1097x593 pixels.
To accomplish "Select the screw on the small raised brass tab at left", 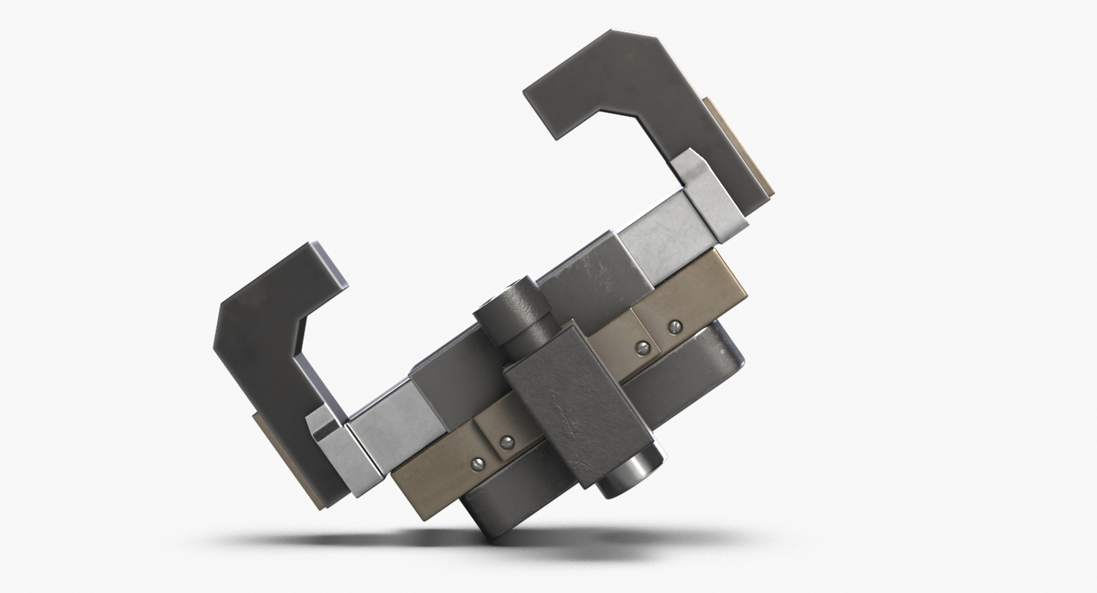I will (506, 442).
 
